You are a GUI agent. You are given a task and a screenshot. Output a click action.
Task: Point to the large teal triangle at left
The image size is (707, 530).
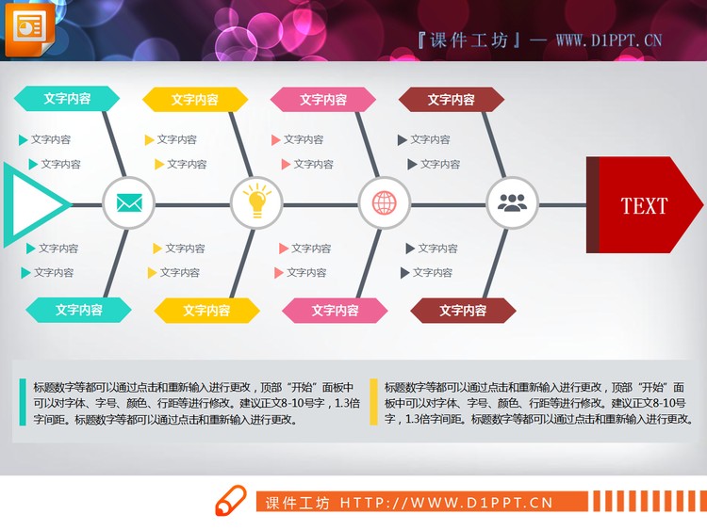click(33, 204)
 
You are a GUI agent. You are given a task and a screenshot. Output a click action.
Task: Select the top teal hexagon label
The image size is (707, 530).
click(67, 98)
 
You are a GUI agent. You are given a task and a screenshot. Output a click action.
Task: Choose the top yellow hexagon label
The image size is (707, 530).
click(195, 99)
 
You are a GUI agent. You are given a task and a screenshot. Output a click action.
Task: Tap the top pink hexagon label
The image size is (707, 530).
click(323, 99)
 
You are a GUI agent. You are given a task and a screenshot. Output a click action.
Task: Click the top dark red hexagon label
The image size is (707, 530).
click(451, 99)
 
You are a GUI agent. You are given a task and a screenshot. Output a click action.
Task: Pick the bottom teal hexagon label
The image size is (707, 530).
click(78, 309)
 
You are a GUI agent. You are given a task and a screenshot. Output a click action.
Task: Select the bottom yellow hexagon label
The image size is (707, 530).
click(206, 310)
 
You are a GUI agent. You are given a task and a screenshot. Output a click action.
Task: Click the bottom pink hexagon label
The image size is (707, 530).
click(335, 310)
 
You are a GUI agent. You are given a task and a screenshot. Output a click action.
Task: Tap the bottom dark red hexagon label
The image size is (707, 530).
click(463, 310)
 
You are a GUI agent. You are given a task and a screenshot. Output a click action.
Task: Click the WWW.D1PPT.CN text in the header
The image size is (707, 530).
click(608, 40)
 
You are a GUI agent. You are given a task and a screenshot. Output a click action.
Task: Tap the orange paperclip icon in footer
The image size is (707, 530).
click(231, 502)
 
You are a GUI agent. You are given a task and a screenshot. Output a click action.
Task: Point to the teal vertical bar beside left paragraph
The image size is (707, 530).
click(22, 402)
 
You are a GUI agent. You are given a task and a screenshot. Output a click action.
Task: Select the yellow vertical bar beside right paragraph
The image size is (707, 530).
click(373, 402)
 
